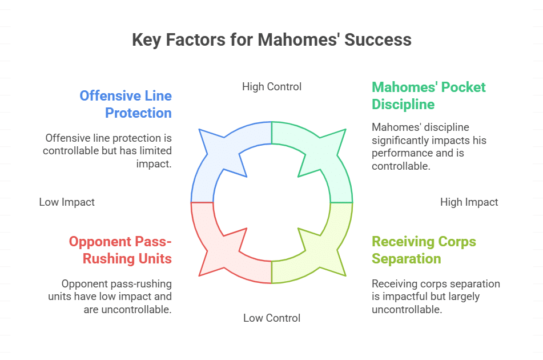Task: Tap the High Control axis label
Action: coord(271,87)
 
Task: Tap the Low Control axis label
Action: coord(271,318)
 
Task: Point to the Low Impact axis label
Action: coord(67,202)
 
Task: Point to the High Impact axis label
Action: coord(469,202)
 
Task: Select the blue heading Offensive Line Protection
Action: coord(126,104)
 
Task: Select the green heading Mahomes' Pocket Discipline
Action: coord(428,95)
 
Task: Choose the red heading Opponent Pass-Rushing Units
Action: coord(120,250)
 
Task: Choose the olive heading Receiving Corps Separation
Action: coord(424,250)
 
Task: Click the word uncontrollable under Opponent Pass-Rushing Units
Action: coord(137,310)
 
